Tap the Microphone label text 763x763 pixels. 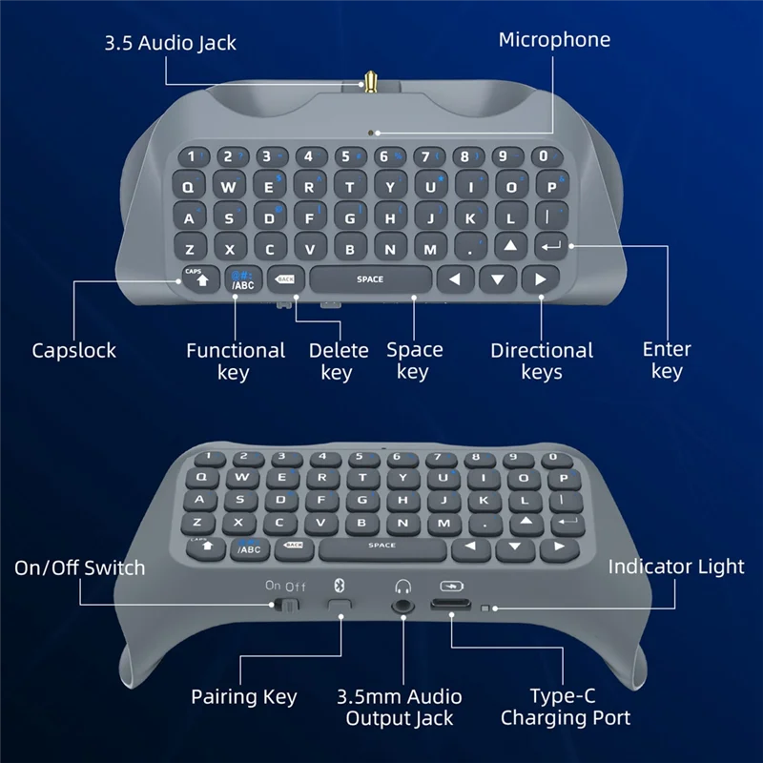pyautogui.click(x=554, y=40)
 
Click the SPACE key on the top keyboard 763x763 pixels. pyautogui.click(x=370, y=279)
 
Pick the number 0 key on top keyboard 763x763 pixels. pyautogui.click(x=543, y=156)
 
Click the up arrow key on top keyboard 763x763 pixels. pyautogui.click(x=510, y=247)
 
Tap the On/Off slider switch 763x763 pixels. pyautogui.click(x=286, y=605)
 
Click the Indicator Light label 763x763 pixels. pyautogui.click(x=676, y=567)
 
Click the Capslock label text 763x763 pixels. pyautogui.click(x=74, y=350)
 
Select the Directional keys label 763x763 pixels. pyautogui.click(x=542, y=361)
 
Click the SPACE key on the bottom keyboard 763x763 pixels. pyautogui.click(x=381, y=546)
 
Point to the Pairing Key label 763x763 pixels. pyautogui.click(x=244, y=697)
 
